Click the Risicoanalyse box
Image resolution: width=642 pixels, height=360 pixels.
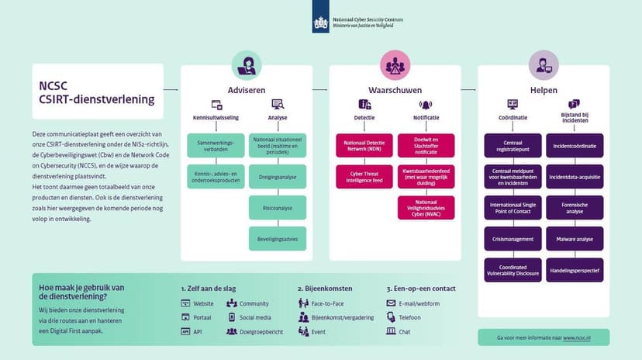pos(278,207)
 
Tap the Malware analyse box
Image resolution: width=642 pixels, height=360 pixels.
pos(575,239)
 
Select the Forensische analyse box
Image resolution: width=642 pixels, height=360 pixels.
pos(575,208)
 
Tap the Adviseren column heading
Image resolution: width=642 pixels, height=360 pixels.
pos(247,90)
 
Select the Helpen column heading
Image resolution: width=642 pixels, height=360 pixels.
pos(544,90)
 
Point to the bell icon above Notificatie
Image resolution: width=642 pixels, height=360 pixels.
pos(425,104)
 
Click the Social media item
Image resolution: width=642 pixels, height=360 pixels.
pos(254,317)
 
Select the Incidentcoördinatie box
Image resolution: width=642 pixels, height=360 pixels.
pos(575,145)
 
